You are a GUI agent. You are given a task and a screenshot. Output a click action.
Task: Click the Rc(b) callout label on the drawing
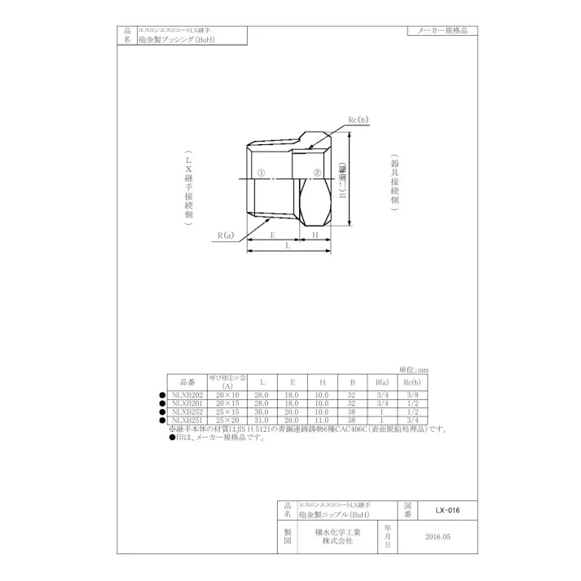click(x=358, y=120)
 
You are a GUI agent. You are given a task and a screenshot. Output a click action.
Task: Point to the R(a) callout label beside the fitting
click(x=226, y=235)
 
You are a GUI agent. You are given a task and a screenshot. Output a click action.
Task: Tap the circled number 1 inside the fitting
click(x=261, y=174)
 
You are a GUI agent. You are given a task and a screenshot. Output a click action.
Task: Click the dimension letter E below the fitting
click(x=272, y=234)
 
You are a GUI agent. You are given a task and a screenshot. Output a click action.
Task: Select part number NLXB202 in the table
click(x=187, y=394)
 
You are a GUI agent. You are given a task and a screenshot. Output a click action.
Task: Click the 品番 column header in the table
click(x=187, y=381)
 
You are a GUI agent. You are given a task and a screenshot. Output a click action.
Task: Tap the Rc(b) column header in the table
click(x=412, y=381)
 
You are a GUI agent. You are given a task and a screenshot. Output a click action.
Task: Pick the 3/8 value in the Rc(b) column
click(x=412, y=394)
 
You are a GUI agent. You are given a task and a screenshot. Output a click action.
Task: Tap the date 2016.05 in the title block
click(x=437, y=538)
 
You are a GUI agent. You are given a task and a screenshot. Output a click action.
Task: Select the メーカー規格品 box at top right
click(x=442, y=30)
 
